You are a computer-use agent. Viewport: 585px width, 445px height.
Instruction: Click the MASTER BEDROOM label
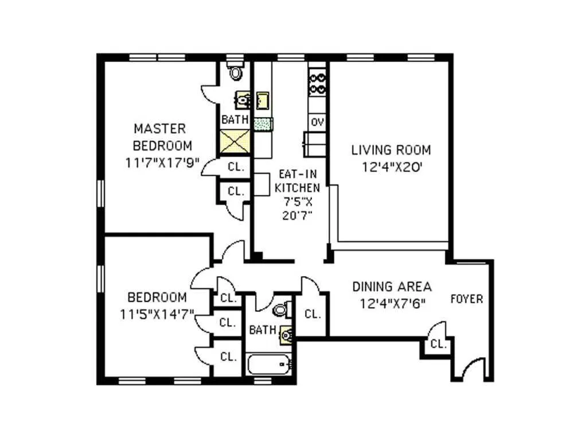(159, 136)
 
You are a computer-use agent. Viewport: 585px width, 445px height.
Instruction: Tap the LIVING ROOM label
(391, 150)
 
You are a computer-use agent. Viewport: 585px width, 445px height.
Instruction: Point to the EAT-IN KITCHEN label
(297, 180)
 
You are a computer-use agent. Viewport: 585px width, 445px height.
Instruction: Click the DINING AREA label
(392, 287)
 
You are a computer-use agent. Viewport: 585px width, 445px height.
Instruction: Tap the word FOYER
(466, 299)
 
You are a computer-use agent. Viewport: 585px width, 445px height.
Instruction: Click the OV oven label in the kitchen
(317, 122)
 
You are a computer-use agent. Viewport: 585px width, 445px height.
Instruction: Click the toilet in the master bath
(235, 72)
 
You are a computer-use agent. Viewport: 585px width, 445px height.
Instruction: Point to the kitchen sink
(263, 100)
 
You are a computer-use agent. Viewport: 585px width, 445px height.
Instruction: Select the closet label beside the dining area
(313, 314)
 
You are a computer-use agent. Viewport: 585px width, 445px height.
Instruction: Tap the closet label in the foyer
(439, 345)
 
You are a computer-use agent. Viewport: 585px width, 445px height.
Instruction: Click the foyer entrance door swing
(473, 370)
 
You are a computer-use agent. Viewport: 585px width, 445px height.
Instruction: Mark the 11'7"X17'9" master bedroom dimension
(162, 162)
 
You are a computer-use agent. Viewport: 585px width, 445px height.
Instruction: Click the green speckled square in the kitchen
(263, 123)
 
